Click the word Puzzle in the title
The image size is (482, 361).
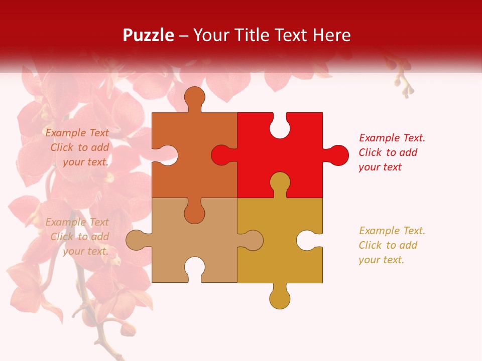(149, 35)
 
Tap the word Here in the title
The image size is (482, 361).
(331, 35)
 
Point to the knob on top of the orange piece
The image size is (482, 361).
(194, 97)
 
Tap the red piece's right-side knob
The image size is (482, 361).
(337, 155)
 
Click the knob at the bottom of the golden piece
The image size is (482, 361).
(280, 298)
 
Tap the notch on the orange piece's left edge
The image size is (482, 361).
(167, 155)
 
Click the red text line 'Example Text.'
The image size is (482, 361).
(392, 138)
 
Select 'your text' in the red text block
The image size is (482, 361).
(380, 167)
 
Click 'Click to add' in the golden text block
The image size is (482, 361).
(388, 245)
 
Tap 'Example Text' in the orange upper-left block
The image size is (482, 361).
(77, 133)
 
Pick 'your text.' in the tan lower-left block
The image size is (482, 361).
(85, 251)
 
